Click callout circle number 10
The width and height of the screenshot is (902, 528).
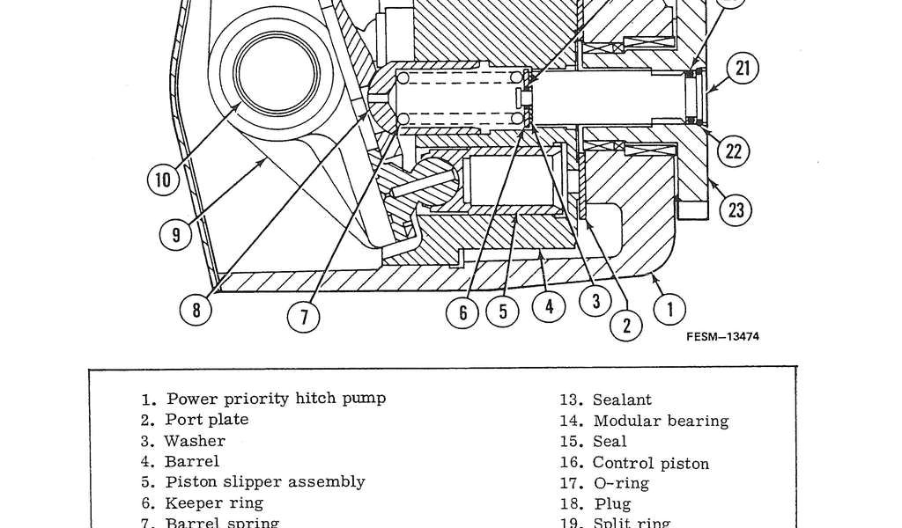click(163, 180)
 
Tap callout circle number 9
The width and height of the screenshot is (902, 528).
click(176, 233)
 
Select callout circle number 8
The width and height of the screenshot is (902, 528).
click(196, 309)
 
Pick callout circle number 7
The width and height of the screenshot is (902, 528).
click(304, 316)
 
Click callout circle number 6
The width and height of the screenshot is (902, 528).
click(463, 313)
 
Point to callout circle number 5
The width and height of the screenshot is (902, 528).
click(504, 313)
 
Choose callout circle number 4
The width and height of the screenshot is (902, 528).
click(549, 307)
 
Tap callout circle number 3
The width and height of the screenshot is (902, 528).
click(595, 301)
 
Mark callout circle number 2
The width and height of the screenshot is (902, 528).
click(627, 325)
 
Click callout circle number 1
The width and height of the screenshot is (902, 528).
click(671, 308)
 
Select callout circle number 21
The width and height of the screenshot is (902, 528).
click(743, 69)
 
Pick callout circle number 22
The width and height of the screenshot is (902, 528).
click(733, 151)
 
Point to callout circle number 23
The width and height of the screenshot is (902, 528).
click(736, 209)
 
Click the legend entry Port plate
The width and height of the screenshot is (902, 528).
click(206, 420)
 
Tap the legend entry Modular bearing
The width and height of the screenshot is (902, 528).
click(661, 421)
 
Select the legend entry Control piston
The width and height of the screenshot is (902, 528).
click(650, 463)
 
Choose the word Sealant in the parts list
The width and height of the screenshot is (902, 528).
click(622, 400)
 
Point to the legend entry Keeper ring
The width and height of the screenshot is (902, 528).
click(213, 503)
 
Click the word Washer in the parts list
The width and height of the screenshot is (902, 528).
click(195, 441)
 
